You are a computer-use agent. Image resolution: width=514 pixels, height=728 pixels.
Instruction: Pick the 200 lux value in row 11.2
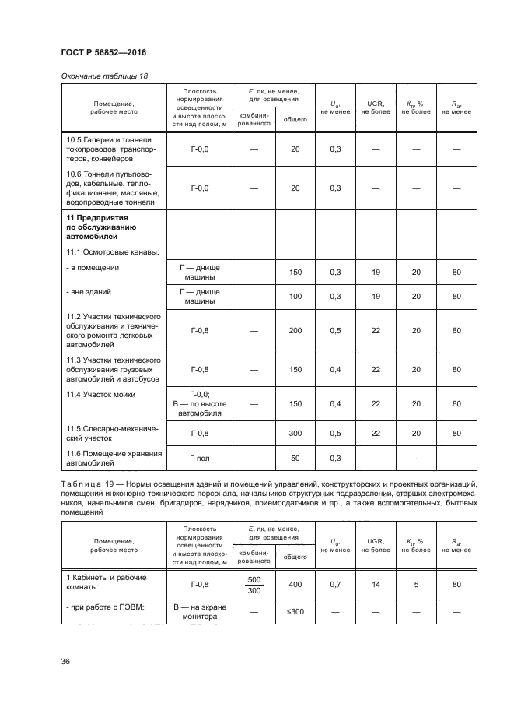pyautogui.click(x=295, y=331)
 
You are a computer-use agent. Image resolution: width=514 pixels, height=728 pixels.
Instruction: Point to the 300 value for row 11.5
pyautogui.click(x=295, y=434)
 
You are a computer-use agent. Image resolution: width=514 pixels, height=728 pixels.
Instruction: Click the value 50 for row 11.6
pyautogui.click(x=295, y=459)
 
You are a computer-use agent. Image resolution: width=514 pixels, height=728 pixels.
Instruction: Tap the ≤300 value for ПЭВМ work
pyautogui.click(x=295, y=612)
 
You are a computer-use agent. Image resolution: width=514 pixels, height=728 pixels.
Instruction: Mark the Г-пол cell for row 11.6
pyautogui.click(x=200, y=459)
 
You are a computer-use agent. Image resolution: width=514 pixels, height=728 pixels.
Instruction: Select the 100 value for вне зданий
pyautogui.click(x=295, y=297)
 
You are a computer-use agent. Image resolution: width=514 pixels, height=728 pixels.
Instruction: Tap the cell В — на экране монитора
pyautogui.click(x=200, y=612)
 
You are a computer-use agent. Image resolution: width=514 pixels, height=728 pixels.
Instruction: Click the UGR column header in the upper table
pyautogui.click(x=376, y=107)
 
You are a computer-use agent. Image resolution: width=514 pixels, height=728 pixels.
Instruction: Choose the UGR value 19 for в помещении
pyautogui.click(x=376, y=272)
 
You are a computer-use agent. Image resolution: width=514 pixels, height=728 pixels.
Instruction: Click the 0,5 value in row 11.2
pyautogui.click(x=335, y=331)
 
